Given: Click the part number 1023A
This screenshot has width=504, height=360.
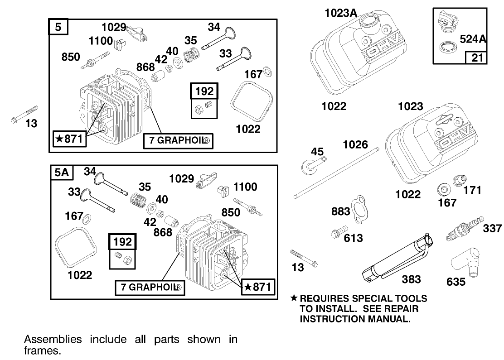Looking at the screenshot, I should (x=341, y=13).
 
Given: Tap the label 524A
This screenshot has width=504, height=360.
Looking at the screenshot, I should (x=473, y=39).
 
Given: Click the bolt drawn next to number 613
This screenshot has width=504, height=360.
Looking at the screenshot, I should (x=339, y=231).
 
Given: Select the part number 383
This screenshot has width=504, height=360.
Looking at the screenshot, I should (x=411, y=279).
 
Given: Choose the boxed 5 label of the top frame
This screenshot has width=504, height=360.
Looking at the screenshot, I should (x=58, y=28).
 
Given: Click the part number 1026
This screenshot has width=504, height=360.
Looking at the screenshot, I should (x=356, y=144).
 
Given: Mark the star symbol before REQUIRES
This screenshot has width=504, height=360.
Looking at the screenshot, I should (x=294, y=299).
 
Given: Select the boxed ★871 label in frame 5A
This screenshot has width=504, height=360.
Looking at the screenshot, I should (x=257, y=287).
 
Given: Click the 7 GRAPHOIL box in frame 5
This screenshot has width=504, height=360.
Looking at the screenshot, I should (x=178, y=141).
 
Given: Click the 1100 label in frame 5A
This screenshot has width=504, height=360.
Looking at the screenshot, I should (x=245, y=187).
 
